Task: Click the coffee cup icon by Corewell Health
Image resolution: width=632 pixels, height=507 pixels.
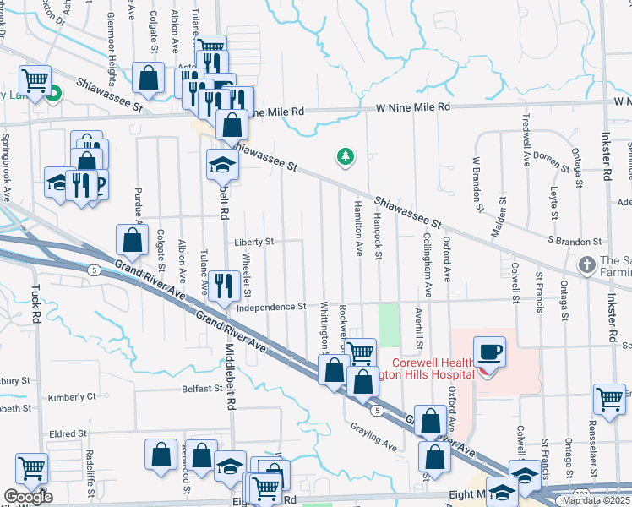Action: coord(489,352)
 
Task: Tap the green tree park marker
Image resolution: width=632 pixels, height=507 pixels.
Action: coord(345,156)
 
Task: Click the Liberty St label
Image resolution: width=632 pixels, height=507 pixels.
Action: coord(254,242)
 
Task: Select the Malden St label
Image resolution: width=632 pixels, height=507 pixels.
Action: coord(498,219)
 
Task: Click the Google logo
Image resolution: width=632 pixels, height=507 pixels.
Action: coord(28,497)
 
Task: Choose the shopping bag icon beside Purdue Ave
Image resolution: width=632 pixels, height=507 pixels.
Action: coord(133,241)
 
